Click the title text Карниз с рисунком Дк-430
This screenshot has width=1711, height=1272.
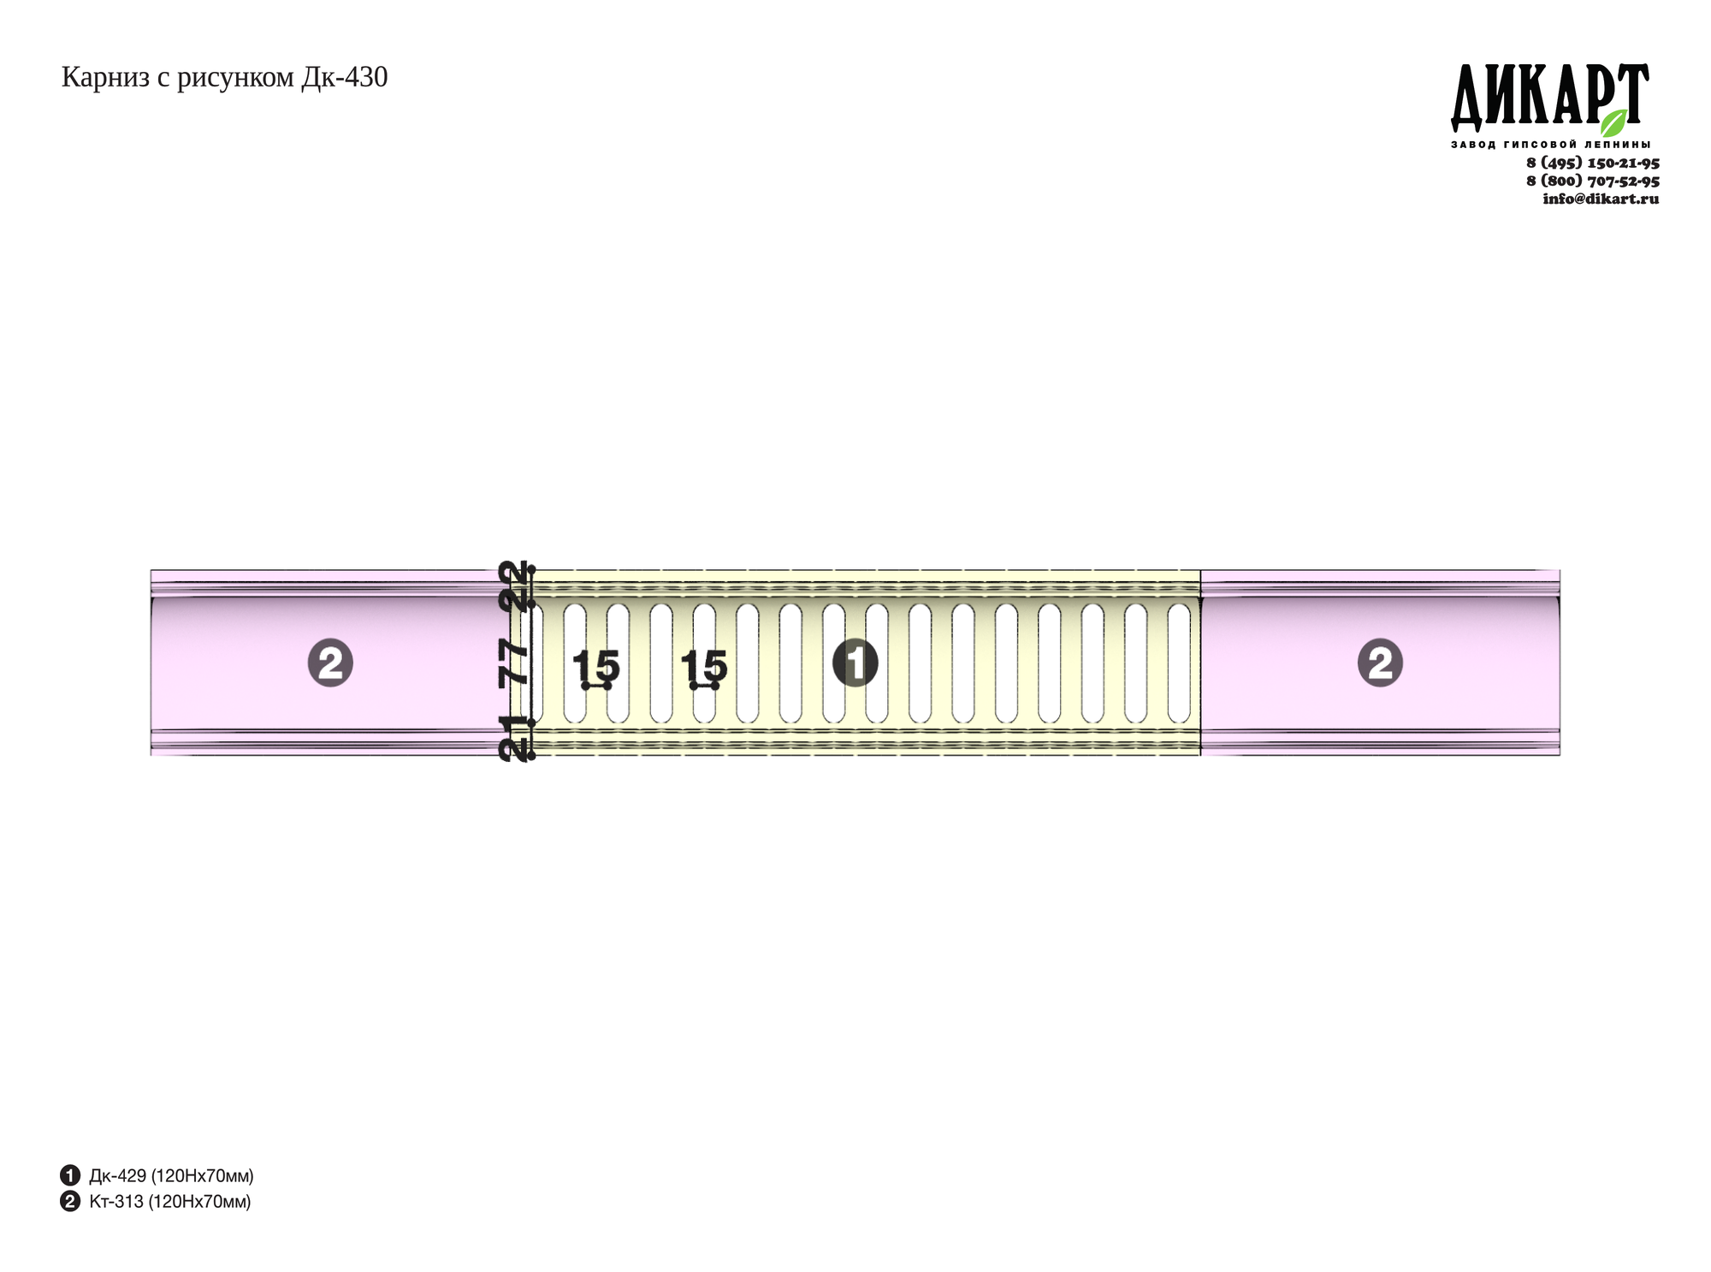[x=224, y=78]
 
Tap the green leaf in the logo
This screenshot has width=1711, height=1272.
[x=1614, y=122]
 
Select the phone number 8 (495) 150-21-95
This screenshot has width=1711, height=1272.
[x=1593, y=163]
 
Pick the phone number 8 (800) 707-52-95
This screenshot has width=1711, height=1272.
[x=1593, y=181]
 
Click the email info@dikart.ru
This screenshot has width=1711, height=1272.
[x=1601, y=199]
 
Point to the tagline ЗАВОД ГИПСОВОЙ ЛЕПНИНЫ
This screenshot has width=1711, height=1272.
[x=1551, y=145]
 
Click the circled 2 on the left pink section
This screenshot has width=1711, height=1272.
[x=330, y=663]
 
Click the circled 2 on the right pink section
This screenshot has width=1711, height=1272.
[x=1380, y=663]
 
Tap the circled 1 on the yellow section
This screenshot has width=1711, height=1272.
[x=855, y=663]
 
